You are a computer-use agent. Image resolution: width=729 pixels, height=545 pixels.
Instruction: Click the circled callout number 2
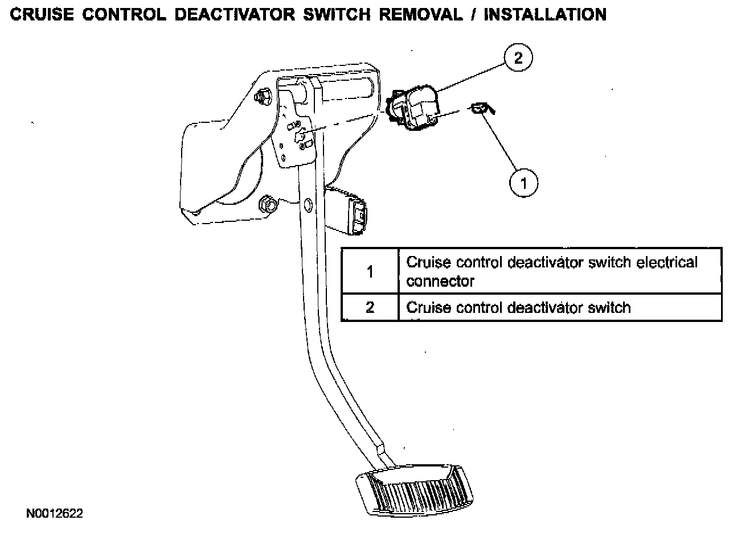click(517, 57)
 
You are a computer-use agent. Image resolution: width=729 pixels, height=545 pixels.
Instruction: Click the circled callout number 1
click(523, 183)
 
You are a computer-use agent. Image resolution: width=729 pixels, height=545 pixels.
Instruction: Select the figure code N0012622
click(55, 514)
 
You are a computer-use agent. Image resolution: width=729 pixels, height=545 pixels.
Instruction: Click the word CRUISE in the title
click(42, 14)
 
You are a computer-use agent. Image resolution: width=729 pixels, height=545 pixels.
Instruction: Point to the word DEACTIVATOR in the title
click(235, 14)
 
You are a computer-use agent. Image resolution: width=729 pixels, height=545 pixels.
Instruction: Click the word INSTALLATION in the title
click(545, 14)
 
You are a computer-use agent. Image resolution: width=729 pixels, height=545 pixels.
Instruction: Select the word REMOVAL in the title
click(420, 14)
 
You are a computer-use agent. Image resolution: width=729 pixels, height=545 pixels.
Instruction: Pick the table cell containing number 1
click(370, 271)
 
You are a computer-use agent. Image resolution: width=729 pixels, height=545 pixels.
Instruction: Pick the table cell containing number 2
click(370, 308)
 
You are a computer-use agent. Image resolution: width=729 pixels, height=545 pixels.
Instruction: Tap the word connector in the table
click(440, 281)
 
